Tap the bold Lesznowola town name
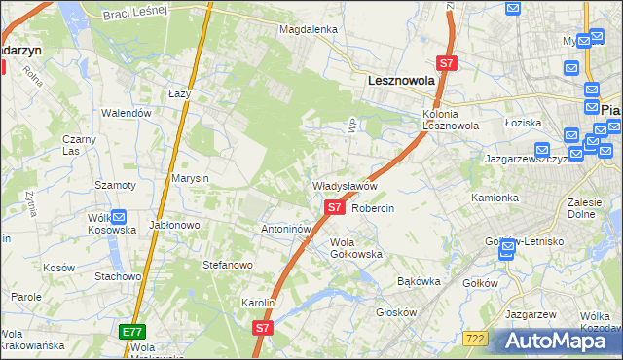pos(399,84)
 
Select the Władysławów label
pos(344,185)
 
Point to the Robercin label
pos(372,209)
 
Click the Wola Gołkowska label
pos(356,248)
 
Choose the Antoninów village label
pos(285,230)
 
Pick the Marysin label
pos(190,179)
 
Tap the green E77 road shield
pos(133,332)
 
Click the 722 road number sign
pos(475,338)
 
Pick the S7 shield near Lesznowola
pos(446,63)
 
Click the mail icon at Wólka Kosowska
pos(119,218)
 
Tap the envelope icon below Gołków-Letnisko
pos(507,251)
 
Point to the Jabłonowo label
pos(175,224)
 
